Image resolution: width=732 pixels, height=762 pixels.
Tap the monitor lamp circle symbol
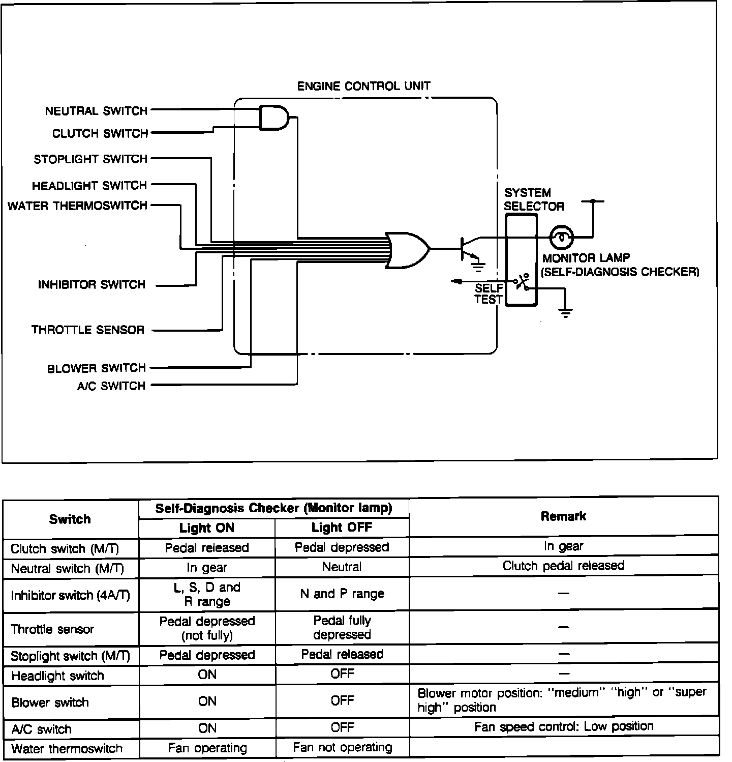coord(562,237)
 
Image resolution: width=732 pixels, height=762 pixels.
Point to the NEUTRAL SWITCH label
coord(96,111)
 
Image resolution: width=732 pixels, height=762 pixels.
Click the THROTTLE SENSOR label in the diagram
coord(88,330)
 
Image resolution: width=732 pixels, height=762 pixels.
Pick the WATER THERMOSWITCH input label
coord(77,206)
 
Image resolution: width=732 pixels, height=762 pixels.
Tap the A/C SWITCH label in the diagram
coord(111,386)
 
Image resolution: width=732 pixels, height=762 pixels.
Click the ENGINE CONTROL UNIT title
coord(363,86)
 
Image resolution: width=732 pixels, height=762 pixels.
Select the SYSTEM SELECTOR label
coord(533,199)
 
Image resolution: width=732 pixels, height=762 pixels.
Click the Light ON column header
coord(207,528)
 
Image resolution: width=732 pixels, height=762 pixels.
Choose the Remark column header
coord(563,516)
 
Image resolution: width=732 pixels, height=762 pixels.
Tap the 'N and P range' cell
coord(342,594)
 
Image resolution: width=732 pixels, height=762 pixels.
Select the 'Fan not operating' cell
coord(343,747)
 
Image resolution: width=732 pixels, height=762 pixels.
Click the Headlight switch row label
coord(57,676)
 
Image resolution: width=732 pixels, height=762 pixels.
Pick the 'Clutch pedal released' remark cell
coord(563,566)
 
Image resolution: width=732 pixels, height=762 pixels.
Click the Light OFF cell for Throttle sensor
coord(342,628)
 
